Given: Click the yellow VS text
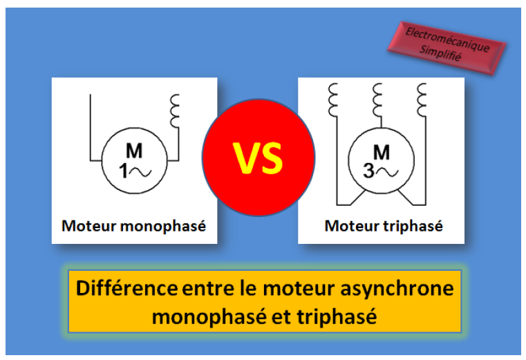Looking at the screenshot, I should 258,158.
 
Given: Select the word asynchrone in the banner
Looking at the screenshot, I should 402,287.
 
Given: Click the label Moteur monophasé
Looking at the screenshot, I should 134,226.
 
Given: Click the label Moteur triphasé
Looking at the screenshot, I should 384,226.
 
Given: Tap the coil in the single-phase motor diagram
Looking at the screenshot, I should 173,111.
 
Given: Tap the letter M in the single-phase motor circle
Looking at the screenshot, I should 133,151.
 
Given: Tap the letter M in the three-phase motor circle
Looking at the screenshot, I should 381,151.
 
